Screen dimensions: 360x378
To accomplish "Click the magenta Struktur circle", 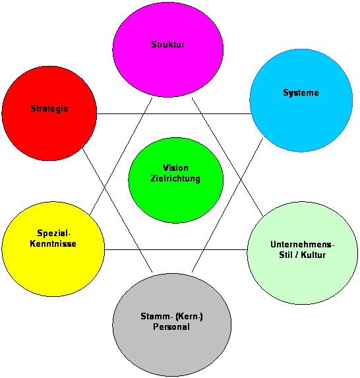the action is click(x=168, y=50).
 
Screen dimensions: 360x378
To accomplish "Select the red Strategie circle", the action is click(x=49, y=113).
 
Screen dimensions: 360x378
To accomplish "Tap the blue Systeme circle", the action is click(x=301, y=100).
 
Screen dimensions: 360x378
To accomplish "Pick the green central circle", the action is click(x=176, y=180).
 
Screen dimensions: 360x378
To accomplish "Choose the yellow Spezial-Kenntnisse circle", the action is click(x=53, y=249).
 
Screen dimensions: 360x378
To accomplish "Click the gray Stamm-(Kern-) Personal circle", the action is click(x=172, y=325).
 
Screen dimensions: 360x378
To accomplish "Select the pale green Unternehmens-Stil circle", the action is click(x=303, y=253).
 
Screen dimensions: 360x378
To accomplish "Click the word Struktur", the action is click(x=168, y=45).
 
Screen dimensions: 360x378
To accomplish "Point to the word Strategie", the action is click(x=49, y=109).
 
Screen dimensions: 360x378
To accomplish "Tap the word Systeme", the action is click(x=301, y=93).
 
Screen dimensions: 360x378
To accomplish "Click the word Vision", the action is click(x=175, y=168).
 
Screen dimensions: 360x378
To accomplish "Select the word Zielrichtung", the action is click(x=175, y=179).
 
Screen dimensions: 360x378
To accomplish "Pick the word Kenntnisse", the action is click(x=53, y=243).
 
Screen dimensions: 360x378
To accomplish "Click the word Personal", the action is click(x=171, y=327).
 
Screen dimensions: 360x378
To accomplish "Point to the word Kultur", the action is click(x=313, y=255).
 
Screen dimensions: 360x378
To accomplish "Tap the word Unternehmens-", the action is click(x=303, y=245).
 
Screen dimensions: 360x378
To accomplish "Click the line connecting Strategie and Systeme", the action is click(x=173, y=113).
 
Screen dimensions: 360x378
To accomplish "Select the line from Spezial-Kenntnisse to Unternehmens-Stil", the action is click(x=176, y=250).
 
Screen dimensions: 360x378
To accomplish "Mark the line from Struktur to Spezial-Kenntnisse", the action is click(x=121, y=156).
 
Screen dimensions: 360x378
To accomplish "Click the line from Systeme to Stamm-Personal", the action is click(x=227, y=205).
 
